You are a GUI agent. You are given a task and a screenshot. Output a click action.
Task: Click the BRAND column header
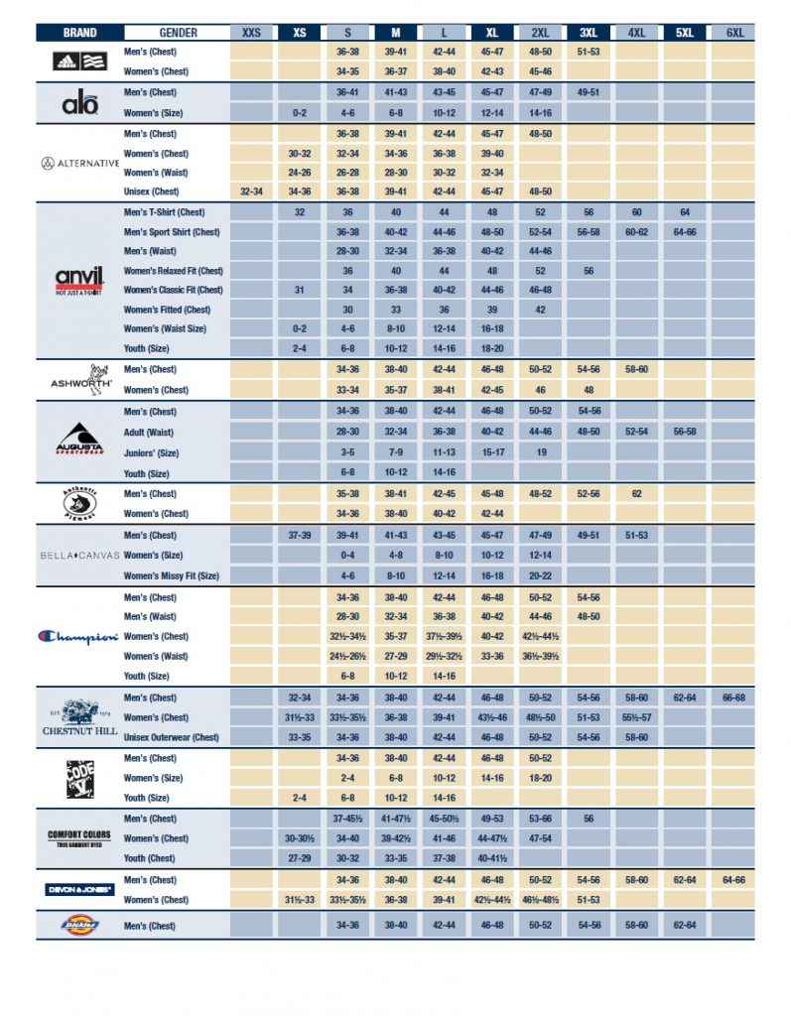pyautogui.click(x=79, y=33)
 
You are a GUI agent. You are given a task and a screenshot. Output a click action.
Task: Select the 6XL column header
pyautogui.click(x=734, y=33)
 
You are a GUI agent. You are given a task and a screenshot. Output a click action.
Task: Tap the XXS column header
pyautogui.click(x=252, y=33)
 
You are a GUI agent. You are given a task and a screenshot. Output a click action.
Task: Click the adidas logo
pyautogui.click(x=79, y=61)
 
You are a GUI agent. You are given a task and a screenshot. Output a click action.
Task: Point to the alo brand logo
pyautogui.click(x=79, y=102)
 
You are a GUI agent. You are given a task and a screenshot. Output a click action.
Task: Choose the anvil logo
pyautogui.click(x=79, y=280)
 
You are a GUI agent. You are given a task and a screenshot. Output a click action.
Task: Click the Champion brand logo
pyautogui.click(x=79, y=637)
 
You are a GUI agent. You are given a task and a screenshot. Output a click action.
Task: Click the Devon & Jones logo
pyautogui.click(x=79, y=890)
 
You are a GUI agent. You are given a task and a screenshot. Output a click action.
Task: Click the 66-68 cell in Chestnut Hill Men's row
pyautogui.click(x=734, y=698)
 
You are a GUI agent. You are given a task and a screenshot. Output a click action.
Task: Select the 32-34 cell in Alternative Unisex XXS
pyautogui.click(x=252, y=191)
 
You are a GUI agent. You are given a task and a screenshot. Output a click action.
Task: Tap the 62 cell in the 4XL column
pyautogui.click(x=636, y=493)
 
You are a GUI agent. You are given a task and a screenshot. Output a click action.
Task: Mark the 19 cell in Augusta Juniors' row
pyautogui.click(x=541, y=452)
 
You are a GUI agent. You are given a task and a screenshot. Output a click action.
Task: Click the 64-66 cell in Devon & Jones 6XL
pyautogui.click(x=734, y=880)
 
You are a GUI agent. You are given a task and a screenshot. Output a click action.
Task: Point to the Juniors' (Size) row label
pyautogui.click(x=151, y=452)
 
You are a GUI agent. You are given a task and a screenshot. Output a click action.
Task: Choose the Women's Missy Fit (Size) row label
pyautogui.click(x=171, y=575)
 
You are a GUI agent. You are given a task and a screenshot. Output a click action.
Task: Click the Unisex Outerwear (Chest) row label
pyautogui.click(x=171, y=737)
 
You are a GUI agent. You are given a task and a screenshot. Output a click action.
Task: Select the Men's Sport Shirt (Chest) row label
pyautogui.click(x=171, y=231)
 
